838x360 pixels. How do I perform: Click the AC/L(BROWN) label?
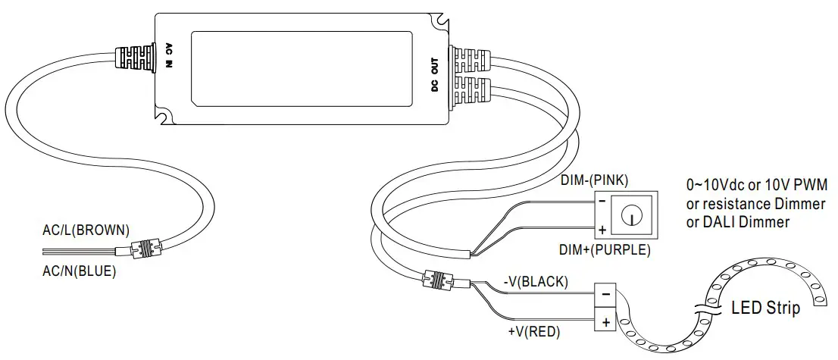86,229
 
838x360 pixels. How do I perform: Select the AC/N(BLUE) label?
79,270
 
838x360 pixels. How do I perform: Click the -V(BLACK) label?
535,282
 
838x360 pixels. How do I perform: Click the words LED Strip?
765,308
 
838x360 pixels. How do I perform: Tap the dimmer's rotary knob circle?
630,215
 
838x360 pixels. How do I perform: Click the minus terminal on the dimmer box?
602,202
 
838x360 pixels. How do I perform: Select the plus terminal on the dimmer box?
602,229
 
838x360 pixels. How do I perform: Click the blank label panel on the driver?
302,67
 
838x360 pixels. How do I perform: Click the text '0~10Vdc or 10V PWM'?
757,186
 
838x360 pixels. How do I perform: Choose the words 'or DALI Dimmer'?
737,222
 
